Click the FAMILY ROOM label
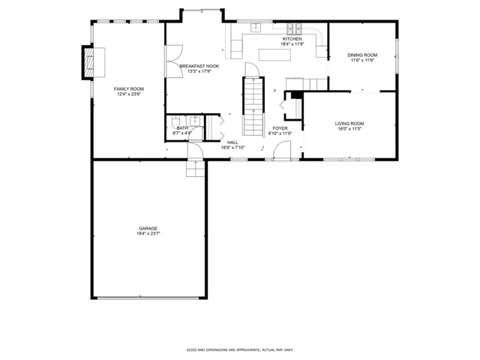point(128,89)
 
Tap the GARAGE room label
point(148,228)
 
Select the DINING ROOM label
point(362,55)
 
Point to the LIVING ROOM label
point(349,124)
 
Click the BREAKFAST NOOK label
point(199,66)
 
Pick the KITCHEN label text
point(292,39)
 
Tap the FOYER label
point(280,128)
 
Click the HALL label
point(232,142)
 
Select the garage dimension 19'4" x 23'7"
point(148,233)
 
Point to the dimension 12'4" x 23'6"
point(128,94)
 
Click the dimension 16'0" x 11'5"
point(349,129)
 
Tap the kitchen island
point(274,55)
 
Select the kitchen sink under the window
point(255,27)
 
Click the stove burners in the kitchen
point(294,28)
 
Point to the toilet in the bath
point(175,121)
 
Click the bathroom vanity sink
point(195,121)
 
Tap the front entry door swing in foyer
point(282,150)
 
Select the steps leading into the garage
point(195,169)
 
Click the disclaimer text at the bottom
point(240,349)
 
